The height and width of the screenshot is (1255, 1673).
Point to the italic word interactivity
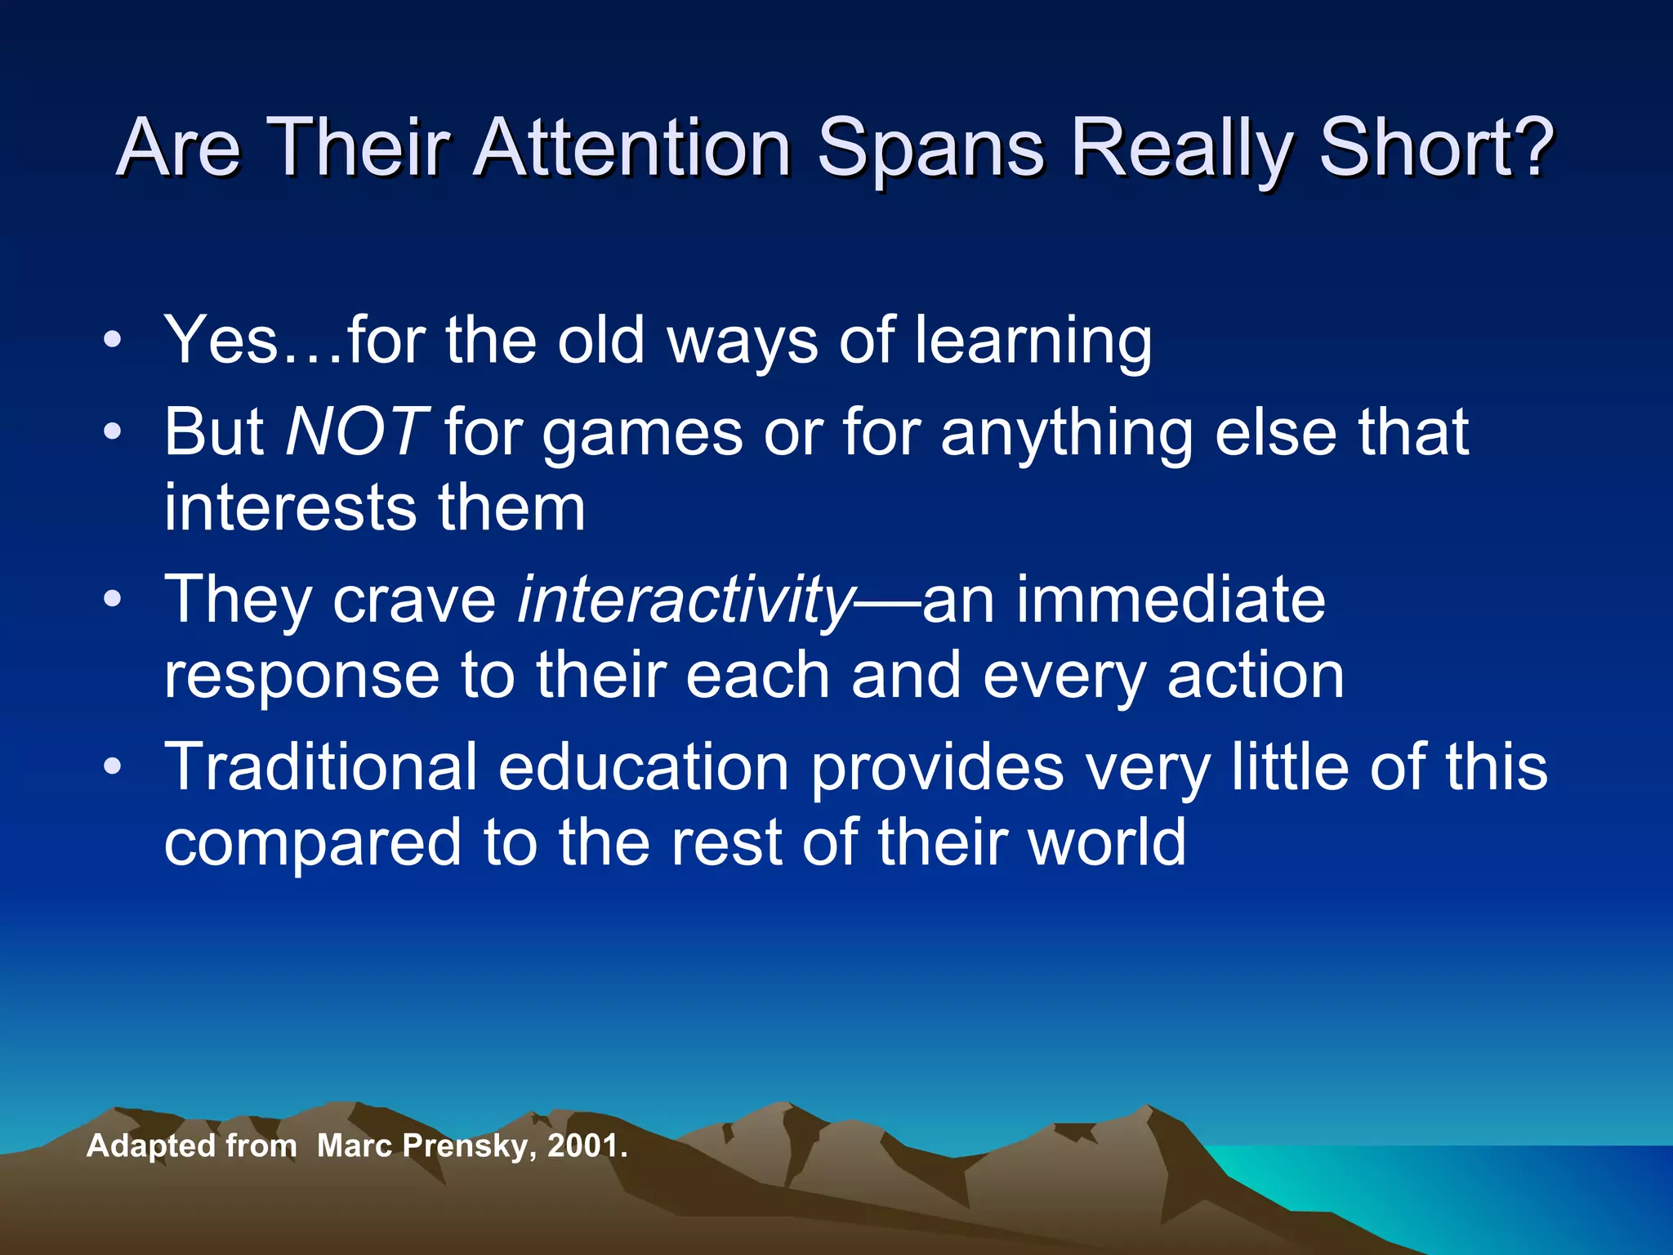click(x=685, y=601)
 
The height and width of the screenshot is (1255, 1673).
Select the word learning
click(x=1033, y=342)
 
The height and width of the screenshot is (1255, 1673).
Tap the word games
click(x=642, y=434)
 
